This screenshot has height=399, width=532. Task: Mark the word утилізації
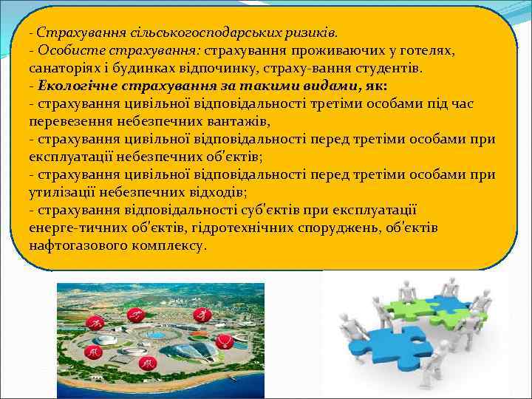click(63, 192)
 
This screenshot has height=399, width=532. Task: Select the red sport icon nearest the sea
click(149, 364)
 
